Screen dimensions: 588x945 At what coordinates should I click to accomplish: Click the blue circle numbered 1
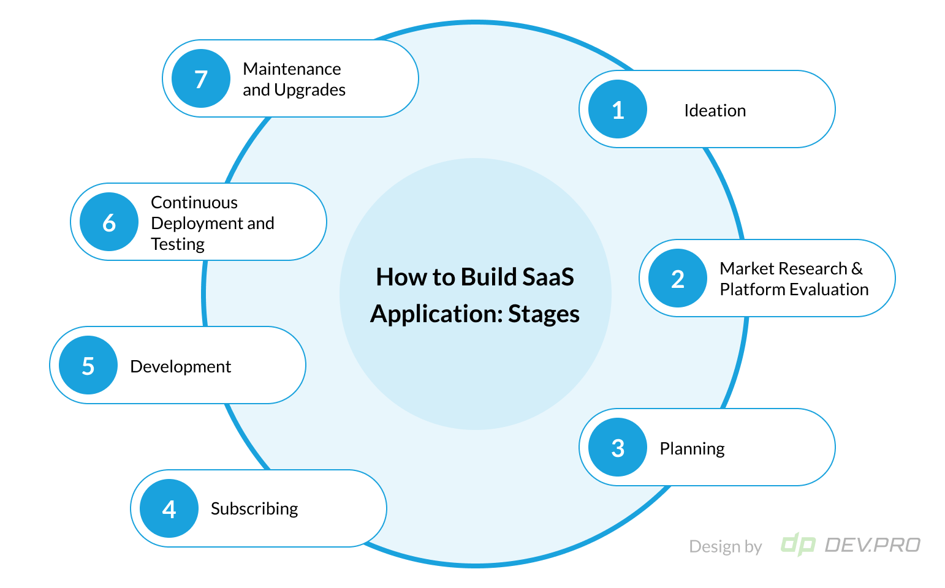617,109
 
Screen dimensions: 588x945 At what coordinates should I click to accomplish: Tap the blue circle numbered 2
677,278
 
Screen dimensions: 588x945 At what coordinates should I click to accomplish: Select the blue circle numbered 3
617,447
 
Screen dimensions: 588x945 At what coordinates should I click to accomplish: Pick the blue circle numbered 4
169,508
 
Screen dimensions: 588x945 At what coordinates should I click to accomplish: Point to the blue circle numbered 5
88,365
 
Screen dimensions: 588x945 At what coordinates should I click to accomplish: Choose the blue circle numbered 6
109,222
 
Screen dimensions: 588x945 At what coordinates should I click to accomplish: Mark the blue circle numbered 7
200,78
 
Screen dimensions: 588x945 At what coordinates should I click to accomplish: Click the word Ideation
715,110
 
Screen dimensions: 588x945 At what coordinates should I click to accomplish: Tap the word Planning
692,448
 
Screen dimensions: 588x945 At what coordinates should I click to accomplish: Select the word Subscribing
254,509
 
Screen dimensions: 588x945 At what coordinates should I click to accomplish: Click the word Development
180,366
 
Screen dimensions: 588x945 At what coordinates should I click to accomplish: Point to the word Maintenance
292,69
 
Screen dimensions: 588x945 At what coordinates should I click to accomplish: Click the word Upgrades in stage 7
310,90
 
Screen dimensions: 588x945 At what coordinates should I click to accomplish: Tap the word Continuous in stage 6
194,202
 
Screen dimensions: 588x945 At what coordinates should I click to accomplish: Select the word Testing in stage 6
178,244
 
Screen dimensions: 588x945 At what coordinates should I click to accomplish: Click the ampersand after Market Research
857,268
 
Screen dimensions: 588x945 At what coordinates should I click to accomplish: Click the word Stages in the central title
544,314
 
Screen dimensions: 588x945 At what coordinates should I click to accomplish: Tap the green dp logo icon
798,544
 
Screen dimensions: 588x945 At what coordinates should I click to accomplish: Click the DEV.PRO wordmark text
872,545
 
